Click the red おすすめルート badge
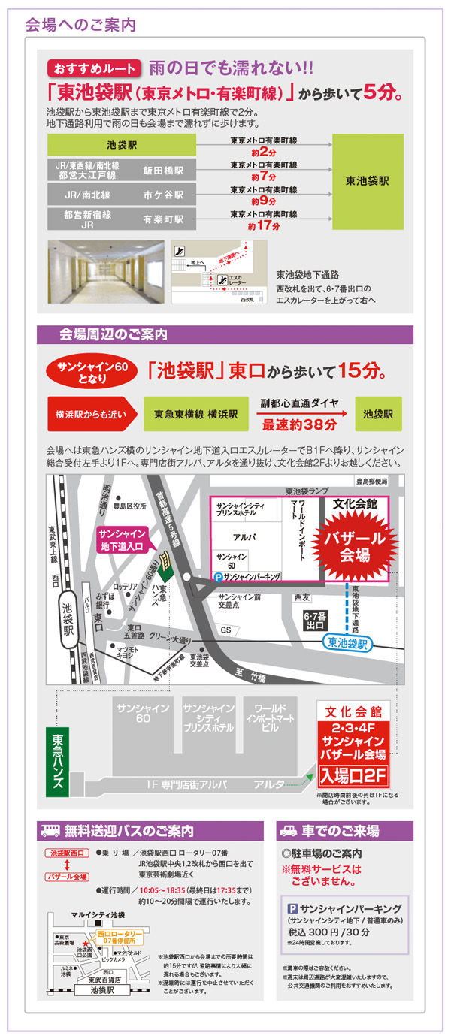point(94,68)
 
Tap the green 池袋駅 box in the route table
point(121,144)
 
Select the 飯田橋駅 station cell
point(163,171)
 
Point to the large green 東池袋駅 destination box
point(368,181)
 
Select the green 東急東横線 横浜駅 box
point(196,414)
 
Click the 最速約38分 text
point(299,424)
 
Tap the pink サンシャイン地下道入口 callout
point(122,540)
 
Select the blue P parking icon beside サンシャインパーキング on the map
point(219,577)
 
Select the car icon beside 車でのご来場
point(289,831)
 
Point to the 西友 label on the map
point(301,597)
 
